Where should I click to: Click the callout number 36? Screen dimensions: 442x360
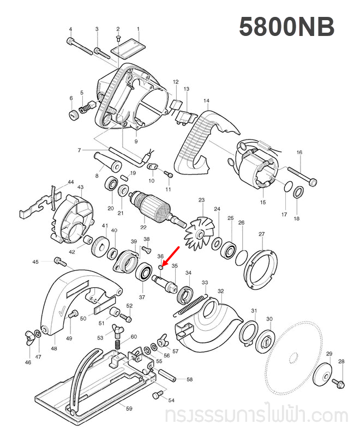[160, 256]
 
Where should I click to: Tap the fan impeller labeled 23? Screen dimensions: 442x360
[199, 232]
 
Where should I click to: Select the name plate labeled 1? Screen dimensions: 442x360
[127, 47]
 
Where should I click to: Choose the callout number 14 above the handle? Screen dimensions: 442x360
[206, 101]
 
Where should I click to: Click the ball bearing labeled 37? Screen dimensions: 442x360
[145, 271]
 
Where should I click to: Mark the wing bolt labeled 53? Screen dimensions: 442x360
[115, 330]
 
